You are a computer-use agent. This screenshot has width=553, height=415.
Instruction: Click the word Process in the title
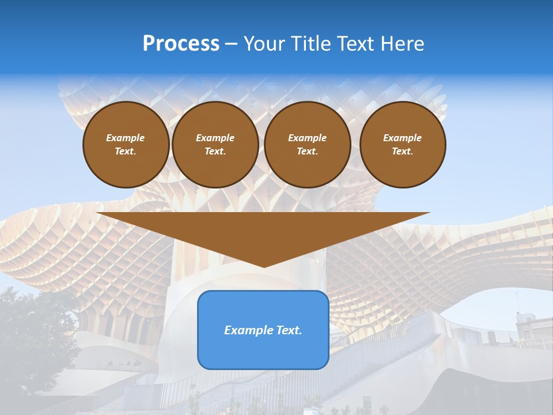(181, 44)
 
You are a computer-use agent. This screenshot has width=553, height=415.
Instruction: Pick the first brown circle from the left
(126, 145)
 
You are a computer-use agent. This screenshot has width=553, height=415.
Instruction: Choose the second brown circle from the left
(215, 145)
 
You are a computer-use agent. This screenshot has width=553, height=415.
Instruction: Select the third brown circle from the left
(308, 145)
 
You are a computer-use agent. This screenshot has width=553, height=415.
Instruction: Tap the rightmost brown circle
(403, 145)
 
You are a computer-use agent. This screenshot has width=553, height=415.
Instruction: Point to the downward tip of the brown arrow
(264, 266)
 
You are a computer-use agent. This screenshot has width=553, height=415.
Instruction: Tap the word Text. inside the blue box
(288, 330)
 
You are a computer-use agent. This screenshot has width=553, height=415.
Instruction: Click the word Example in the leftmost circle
(126, 138)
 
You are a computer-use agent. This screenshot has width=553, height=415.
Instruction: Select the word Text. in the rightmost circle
(403, 152)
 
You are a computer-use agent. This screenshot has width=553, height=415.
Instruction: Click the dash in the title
(231, 44)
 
